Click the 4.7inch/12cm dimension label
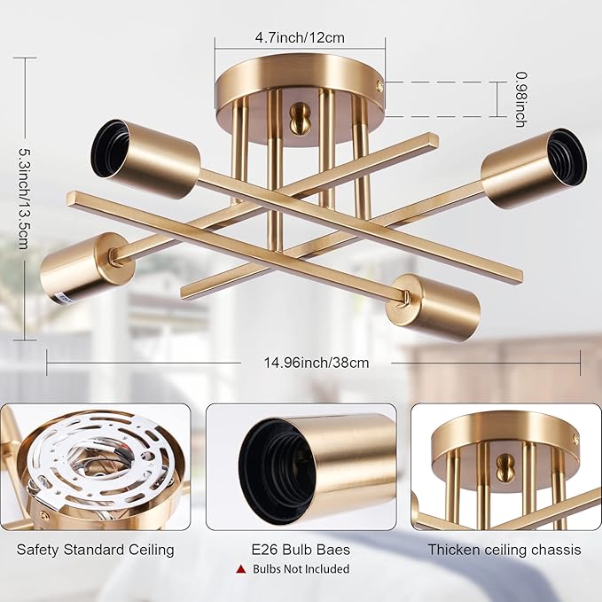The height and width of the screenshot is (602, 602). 300,37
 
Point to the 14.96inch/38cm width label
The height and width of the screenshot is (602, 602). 316,362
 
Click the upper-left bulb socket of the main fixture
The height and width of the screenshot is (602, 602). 147,157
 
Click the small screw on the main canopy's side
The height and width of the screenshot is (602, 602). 382,85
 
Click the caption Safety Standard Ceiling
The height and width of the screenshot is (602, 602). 95,550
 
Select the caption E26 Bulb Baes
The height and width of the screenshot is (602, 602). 300,550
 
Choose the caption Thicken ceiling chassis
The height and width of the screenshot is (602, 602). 504,550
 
